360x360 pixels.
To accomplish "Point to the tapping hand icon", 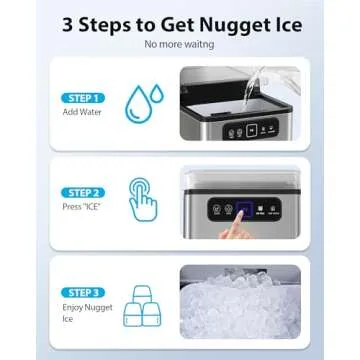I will [143, 200].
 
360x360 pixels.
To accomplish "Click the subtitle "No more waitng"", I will [179, 45].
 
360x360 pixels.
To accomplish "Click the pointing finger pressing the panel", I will [236, 228].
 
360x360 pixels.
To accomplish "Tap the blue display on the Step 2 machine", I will [222, 208].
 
